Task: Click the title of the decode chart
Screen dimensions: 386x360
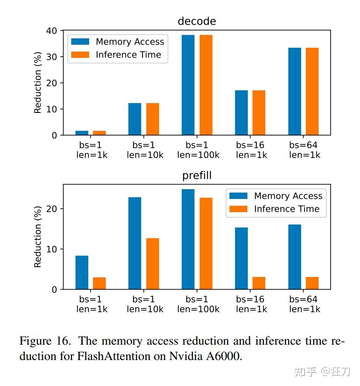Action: [x=197, y=21]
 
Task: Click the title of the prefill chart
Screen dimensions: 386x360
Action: [x=197, y=176]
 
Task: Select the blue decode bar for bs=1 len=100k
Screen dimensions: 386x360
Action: [x=188, y=85]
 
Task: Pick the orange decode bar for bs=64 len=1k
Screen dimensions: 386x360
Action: [x=312, y=91]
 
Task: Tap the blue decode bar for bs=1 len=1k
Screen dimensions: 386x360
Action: [x=82, y=133]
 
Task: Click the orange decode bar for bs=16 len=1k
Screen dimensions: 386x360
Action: [x=259, y=112]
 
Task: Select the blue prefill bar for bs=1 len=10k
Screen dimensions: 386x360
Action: [x=135, y=243]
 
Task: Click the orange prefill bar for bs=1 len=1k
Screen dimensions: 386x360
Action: [x=99, y=283]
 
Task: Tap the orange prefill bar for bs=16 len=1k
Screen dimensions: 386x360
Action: [x=259, y=283]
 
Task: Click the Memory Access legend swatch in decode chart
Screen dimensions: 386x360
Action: [x=80, y=42]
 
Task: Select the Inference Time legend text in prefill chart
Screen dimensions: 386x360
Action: [x=287, y=209]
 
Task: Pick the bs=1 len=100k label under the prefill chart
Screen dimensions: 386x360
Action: [x=198, y=304]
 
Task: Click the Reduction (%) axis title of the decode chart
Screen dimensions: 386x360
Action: [x=38, y=83]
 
